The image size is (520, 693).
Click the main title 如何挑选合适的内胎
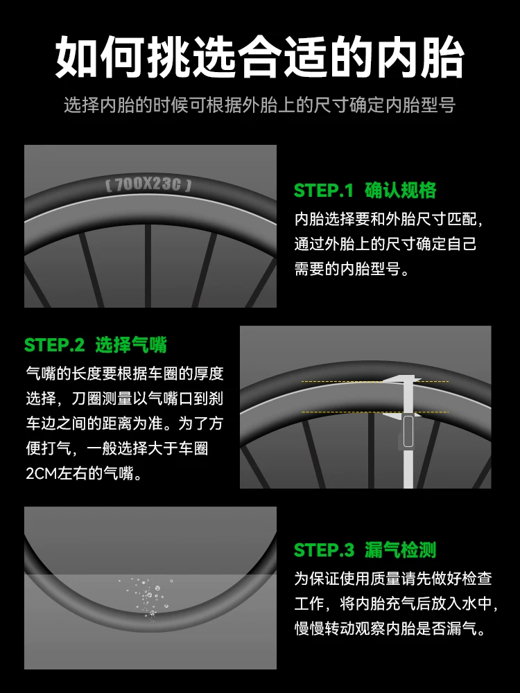coord(259,58)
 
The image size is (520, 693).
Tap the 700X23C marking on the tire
coord(148,184)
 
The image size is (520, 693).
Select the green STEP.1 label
coord(324,191)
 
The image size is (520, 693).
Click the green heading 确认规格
coord(400,191)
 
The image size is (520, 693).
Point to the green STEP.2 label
coord(54,345)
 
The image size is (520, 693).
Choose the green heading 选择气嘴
coord(131,345)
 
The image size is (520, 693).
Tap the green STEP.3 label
coord(324,550)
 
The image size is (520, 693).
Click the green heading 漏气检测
coord(400,550)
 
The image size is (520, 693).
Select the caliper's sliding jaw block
coord(408,430)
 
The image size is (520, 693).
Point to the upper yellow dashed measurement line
coord(375,381)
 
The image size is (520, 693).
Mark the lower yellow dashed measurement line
coord(375,412)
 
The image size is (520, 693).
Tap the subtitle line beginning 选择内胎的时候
coord(259,105)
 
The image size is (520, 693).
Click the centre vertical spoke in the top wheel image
coord(148,265)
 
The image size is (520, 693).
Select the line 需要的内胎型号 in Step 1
coord(352,269)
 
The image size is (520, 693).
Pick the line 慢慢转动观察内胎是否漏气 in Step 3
coord(392,628)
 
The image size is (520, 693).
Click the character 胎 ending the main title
coord(442,58)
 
